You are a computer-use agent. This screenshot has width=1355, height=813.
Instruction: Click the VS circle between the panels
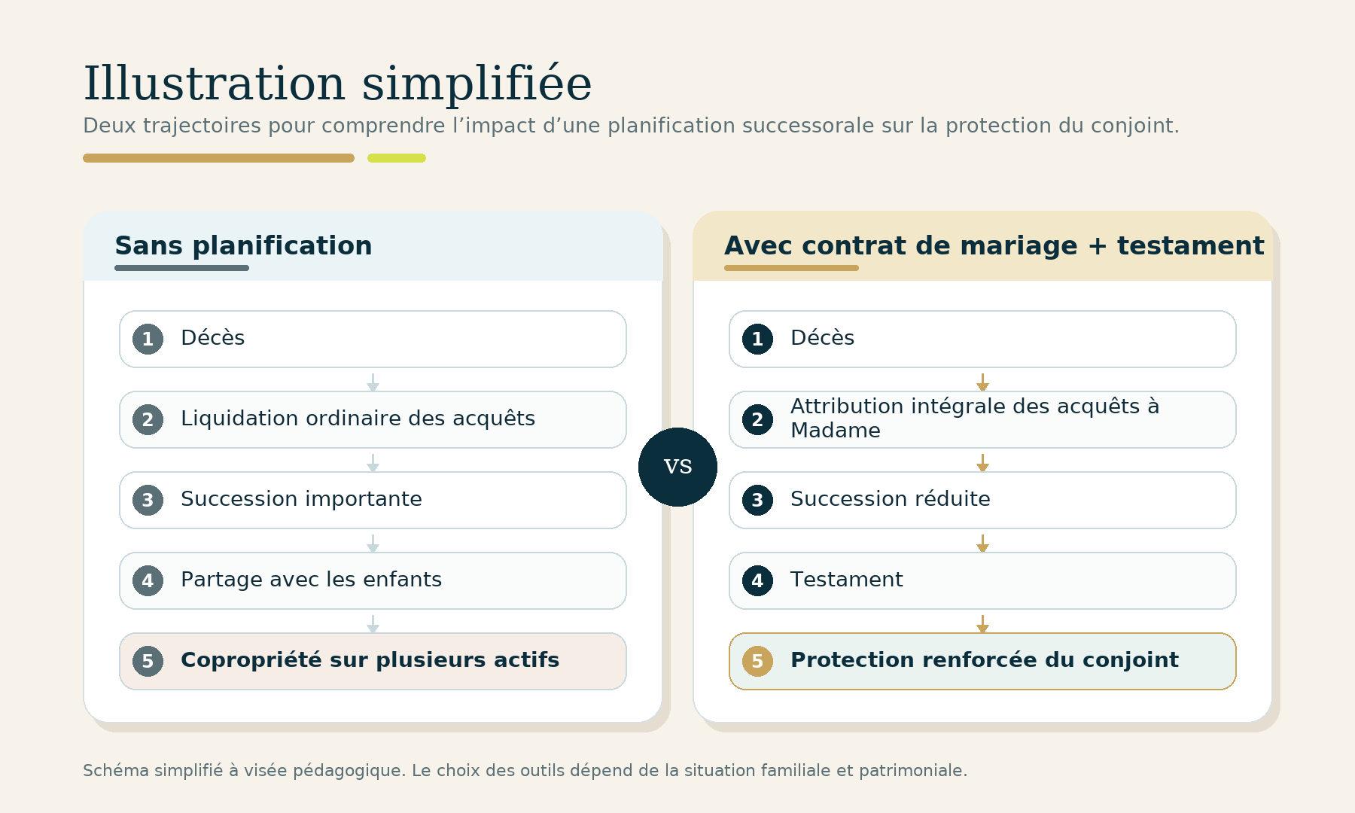coord(677,467)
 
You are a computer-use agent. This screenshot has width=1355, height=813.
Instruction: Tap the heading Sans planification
coord(243,246)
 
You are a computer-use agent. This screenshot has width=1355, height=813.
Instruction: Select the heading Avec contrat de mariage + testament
coord(994,246)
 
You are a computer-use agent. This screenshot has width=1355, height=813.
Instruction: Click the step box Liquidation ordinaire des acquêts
coord(373,419)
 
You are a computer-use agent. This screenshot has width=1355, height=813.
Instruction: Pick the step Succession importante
coord(373,500)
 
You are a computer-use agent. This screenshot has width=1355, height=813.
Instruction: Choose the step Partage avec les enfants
coord(373,580)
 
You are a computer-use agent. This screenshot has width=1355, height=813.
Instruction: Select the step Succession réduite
coord(982,500)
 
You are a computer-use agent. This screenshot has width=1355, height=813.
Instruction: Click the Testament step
coord(982,580)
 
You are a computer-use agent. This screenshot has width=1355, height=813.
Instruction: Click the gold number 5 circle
coord(757,661)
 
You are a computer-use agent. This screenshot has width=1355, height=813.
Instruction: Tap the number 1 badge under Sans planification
coord(148,339)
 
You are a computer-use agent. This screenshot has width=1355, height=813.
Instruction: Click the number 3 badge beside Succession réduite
coord(757,500)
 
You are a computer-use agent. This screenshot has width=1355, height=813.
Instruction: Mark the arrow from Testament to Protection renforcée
coord(982,623)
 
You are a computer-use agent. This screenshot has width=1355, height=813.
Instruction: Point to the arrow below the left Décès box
coord(373,382)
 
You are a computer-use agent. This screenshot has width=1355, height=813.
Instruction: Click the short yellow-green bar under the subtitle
coord(397,158)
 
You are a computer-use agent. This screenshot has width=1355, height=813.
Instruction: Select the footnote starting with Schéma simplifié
coord(525,770)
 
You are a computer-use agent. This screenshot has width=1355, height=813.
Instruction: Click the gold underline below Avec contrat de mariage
coord(791,268)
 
